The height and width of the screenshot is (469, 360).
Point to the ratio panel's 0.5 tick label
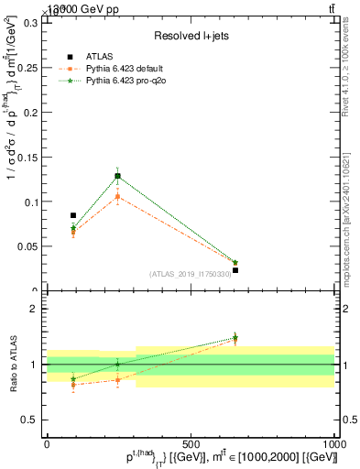31,420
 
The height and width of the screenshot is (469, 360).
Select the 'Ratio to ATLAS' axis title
12,365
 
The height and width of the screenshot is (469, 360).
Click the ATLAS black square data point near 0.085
73,215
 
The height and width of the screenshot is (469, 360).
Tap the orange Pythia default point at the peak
117,196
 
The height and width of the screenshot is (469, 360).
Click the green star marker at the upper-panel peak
117,176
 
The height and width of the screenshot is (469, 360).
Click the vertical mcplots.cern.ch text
348,221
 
